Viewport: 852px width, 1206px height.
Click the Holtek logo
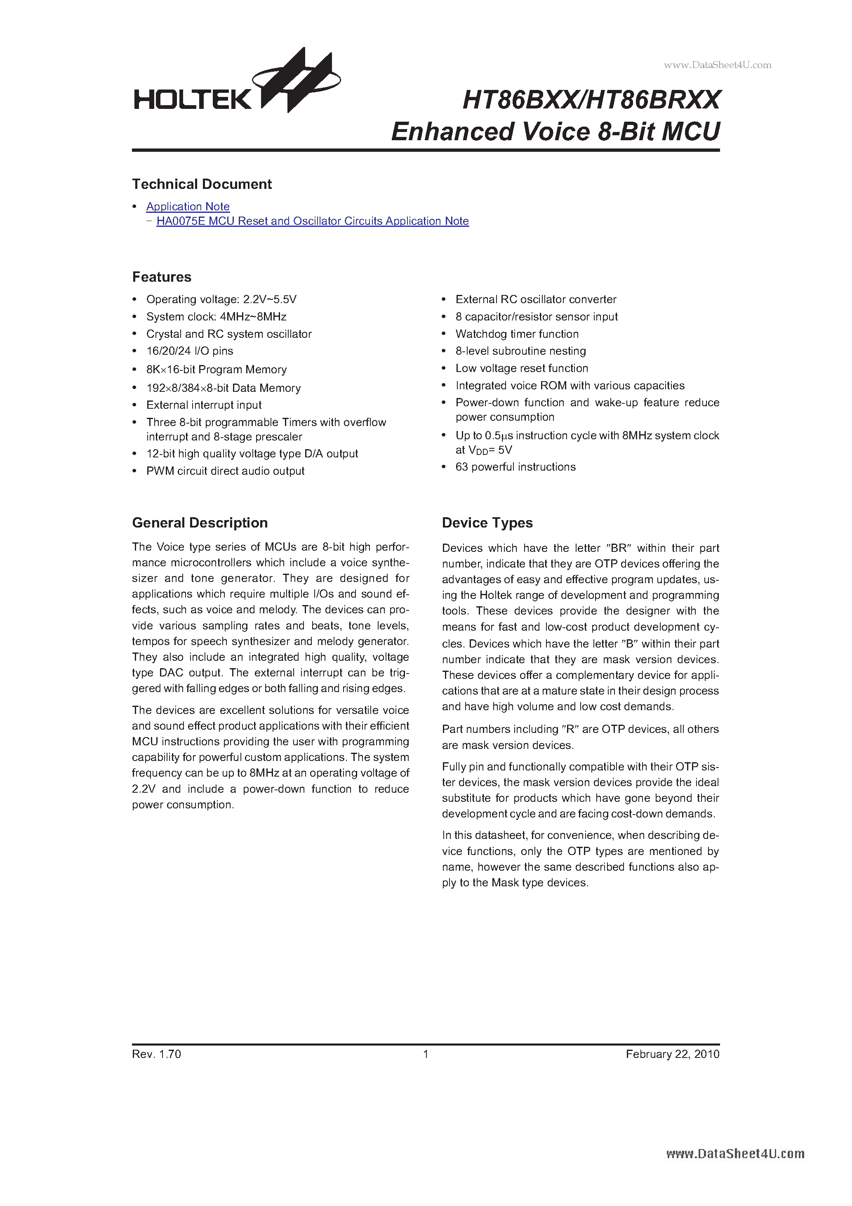[236, 84]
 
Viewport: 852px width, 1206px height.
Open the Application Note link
[188, 206]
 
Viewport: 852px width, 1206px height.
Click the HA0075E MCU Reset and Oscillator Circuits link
[313, 221]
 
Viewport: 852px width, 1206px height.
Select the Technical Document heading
[202, 184]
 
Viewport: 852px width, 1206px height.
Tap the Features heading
[162, 277]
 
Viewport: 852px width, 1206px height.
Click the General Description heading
[200, 523]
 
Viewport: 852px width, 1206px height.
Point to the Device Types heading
[487, 523]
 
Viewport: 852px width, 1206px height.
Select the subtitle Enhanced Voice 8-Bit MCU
[555, 131]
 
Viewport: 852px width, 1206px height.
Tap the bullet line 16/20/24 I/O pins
[190, 351]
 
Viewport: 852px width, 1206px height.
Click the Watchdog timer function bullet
[517, 334]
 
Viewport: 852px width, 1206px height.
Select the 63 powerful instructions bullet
[515, 467]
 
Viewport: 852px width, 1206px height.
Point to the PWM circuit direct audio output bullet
[225, 471]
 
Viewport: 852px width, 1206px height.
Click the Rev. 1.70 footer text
[157, 1054]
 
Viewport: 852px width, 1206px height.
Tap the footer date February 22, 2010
[672, 1054]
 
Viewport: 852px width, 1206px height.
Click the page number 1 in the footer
[426, 1054]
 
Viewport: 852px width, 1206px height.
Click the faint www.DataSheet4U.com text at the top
[718, 65]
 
